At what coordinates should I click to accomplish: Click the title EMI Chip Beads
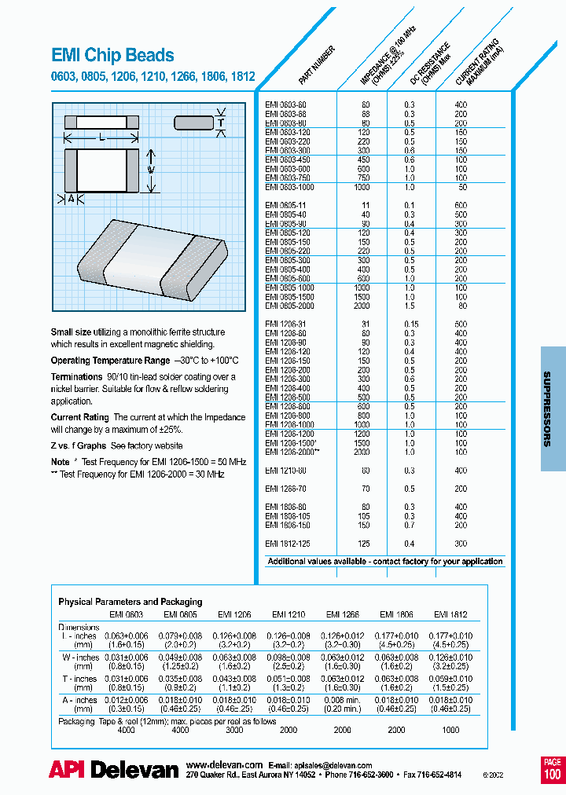(x=112, y=56)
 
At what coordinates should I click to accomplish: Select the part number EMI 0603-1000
(x=289, y=187)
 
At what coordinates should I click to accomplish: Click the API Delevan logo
(x=113, y=771)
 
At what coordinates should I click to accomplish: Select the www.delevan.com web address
(x=224, y=764)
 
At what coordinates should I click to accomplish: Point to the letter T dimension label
(x=221, y=123)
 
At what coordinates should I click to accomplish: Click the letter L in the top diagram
(x=103, y=137)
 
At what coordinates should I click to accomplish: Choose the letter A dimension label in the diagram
(x=72, y=199)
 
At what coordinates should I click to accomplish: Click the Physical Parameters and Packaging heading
(x=130, y=602)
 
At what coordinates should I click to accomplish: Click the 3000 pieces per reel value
(x=234, y=729)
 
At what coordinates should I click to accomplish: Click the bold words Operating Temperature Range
(x=109, y=360)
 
